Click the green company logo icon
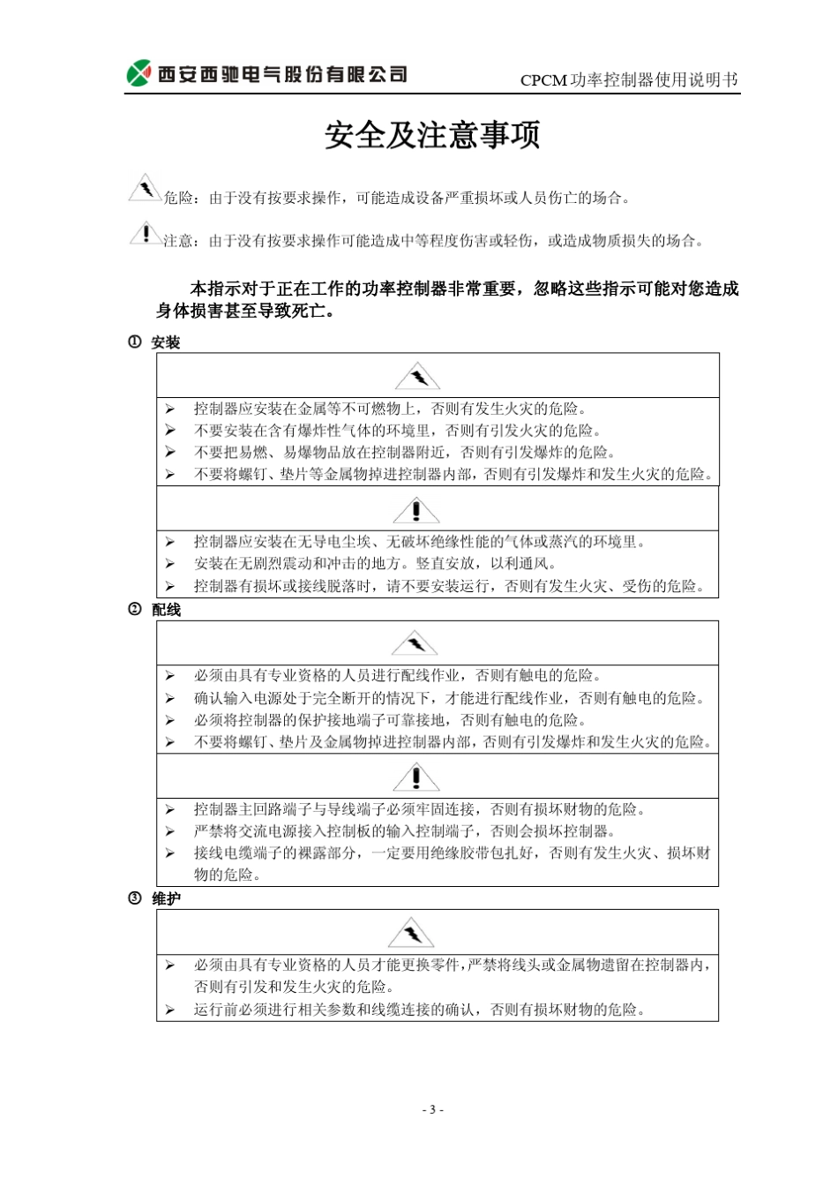(x=138, y=73)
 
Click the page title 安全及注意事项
(x=432, y=135)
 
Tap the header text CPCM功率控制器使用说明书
(x=628, y=80)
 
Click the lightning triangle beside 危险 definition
(x=144, y=189)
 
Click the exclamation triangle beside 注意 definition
(x=144, y=233)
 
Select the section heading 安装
(x=166, y=342)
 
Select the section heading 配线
(x=166, y=610)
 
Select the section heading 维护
(x=166, y=898)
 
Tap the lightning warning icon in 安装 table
(x=417, y=377)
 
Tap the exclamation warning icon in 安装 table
(x=416, y=510)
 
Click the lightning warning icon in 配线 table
(x=415, y=644)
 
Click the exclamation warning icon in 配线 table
(x=416, y=778)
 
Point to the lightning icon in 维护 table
(x=411, y=933)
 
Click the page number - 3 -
(x=432, y=1109)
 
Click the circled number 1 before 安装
(x=135, y=342)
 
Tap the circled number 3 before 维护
(x=135, y=898)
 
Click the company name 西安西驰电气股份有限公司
(x=282, y=74)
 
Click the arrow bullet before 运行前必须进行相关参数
(x=169, y=1010)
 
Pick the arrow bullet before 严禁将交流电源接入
(x=169, y=831)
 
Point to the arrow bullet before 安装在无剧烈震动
(x=169, y=564)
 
